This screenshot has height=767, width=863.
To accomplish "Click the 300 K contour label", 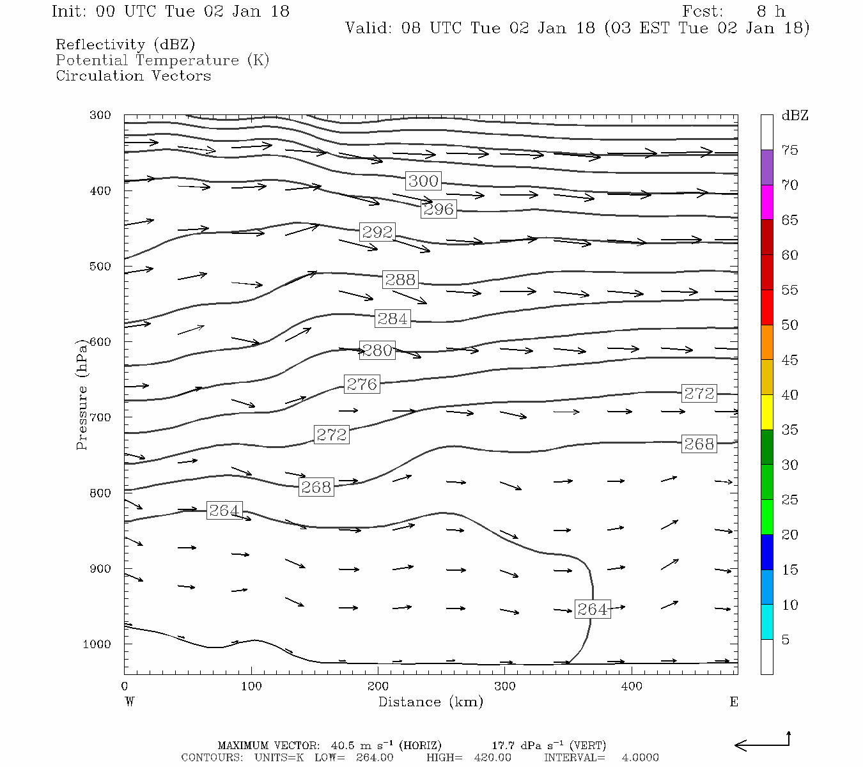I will [x=423, y=181].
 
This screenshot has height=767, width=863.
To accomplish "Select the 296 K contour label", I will [x=439, y=209].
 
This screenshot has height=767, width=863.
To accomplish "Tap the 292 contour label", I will [x=377, y=232].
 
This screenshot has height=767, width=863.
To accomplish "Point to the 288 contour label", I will [x=400, y=279].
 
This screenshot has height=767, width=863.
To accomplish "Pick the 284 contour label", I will [x=393, y=318].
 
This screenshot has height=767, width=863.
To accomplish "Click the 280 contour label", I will [x=377, y=350].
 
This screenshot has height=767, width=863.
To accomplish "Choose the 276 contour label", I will [x=362, y=384].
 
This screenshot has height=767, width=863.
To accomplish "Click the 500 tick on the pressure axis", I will [x=100, y=267].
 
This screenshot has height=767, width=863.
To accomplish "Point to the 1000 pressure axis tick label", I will [x=97, y=644].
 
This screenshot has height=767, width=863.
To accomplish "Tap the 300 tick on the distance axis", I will [x=505, y=686].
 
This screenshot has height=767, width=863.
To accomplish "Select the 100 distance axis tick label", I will [x=251, y=686].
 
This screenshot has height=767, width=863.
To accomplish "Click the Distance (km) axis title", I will [x=431, y=702].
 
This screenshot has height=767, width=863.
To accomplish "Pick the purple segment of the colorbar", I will [x=766, y=167].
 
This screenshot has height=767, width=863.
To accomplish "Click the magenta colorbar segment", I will [x=766, y=202].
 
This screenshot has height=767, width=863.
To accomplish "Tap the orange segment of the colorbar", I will [x=766, y=342].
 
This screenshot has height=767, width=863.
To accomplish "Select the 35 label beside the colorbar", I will [x=790, y=430].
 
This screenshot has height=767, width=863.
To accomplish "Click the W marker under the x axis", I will [x=130, y=702].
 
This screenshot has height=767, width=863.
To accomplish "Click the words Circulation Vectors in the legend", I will [x=133, y=76].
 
